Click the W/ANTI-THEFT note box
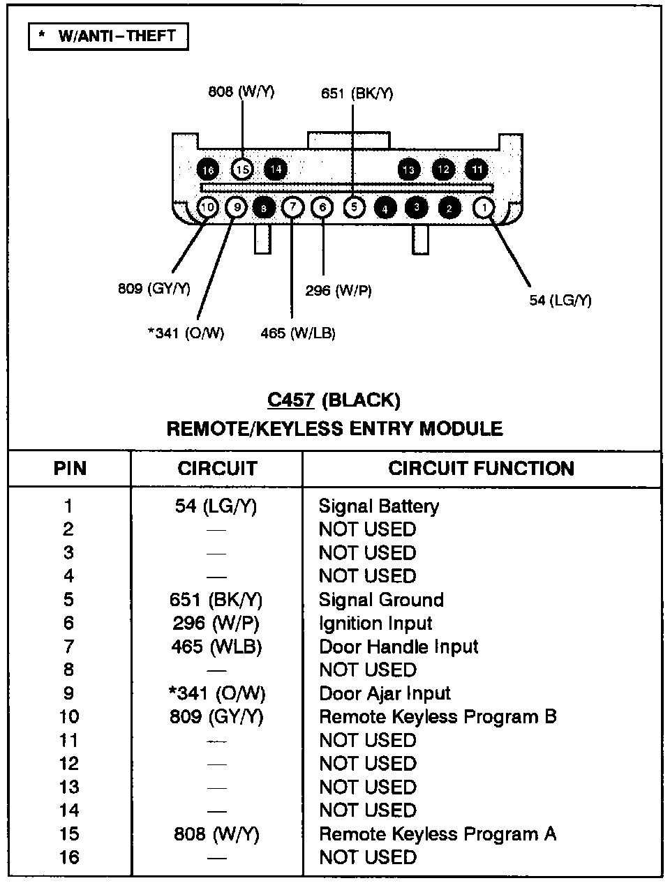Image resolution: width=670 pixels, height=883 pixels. (x=108, y=36)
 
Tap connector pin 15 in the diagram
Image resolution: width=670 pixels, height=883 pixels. (x=241, y=169)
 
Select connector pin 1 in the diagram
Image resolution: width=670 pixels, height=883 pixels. (x=483, y=207)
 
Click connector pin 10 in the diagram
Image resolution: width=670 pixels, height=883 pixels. (x=208, y=207)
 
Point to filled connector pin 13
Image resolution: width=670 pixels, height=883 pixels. (x=408, y=169)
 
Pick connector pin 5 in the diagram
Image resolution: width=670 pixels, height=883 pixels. (x=354, y=207)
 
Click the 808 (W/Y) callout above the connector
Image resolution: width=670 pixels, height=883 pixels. (x=241, y=91)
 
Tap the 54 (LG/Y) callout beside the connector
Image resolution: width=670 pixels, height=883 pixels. (x=560, y=301)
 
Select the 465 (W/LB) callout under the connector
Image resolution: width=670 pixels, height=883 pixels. (x=298, y=333)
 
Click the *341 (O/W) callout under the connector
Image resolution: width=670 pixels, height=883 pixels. (x=186, y=333)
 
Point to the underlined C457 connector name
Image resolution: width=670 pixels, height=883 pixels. (x=291, y=400)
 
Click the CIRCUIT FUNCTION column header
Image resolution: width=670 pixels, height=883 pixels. (x=481, y=469)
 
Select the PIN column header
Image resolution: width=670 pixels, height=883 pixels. (x=70, y=469)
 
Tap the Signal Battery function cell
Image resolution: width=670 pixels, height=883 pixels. (x=379, y=506)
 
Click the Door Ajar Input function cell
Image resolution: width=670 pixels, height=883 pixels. (x=385, y=693)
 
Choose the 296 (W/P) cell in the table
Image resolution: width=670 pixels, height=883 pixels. (x=216, y=623)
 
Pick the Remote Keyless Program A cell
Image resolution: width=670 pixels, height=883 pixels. (x=438, y=834)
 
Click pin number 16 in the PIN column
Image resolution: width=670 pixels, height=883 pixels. (x=69, y=857)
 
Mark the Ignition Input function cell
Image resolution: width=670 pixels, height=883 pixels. (x=375, y=623)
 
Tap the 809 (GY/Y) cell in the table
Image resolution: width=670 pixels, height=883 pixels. (x=216, y=717)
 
